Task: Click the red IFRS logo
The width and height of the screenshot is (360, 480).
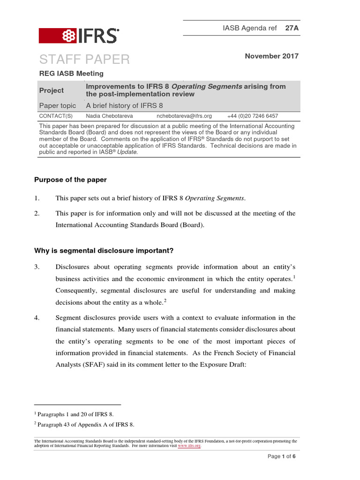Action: [x=78, y=36]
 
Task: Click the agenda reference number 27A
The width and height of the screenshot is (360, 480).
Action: [x=292, y=28]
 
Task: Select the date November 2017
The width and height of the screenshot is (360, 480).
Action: [x=272, y=56]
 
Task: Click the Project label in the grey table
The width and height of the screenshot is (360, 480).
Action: [x=52, y=90]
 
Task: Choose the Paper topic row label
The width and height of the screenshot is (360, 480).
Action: [x=57, y=105]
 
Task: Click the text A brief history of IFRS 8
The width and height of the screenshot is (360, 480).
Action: [x=124, y=105]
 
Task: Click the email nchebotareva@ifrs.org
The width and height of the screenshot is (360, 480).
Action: [x=184, y=116]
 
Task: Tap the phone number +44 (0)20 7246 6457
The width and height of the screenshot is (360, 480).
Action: [x=252, y=116]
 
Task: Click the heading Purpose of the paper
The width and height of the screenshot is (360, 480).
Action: [x=70, y=180]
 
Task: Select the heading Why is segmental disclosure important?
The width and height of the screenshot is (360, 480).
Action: [x=104, y=251]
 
